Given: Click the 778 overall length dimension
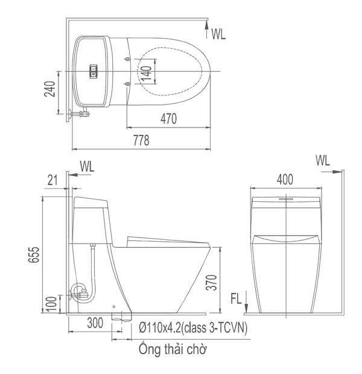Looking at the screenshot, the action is [x=141, y=141].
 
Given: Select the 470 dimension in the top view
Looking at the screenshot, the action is [x=168, y=119].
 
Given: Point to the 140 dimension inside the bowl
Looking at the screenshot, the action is [x=146, y=74].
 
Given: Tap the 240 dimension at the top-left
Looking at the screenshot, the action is [x=49, y=89].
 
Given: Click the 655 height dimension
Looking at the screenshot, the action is [x=34, y=255].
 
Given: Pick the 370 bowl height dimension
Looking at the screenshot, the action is [x=212, y=282].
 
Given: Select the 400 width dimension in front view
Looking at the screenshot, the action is [x=285, y=179].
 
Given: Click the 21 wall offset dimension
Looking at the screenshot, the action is [x=52, y=180].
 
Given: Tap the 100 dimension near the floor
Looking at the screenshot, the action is [x=52, y=304].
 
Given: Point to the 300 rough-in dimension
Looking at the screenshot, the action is [x=95, y=323].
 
